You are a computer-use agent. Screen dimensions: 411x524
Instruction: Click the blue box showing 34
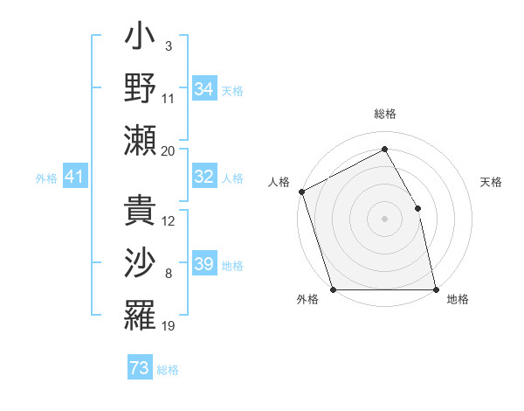tap(204, 89)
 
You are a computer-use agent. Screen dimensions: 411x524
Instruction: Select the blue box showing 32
tap(204, 177)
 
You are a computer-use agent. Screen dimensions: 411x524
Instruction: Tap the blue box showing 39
tap(204, 264)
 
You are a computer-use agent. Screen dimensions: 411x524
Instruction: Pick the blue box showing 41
tap(74, 178)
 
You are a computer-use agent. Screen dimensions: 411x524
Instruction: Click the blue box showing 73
tap(140, 368)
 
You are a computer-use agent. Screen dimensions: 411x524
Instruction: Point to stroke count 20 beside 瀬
tap(169, 150)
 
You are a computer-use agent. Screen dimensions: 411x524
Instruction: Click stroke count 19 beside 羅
tap(169, 326)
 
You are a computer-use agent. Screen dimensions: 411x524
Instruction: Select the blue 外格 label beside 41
tap(46, 178)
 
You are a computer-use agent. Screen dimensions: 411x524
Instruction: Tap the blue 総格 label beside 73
tap(168, 369)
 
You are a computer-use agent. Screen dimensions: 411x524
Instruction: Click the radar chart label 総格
tap(385, 115)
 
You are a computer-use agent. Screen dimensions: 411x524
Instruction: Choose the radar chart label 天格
tap(492, 182)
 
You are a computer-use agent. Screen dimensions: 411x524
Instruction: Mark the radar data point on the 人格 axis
tap(301, 192)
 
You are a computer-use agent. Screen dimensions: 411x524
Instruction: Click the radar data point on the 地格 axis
tap(435, 289)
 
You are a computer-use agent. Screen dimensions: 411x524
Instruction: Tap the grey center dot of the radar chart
tap(384, 218)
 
